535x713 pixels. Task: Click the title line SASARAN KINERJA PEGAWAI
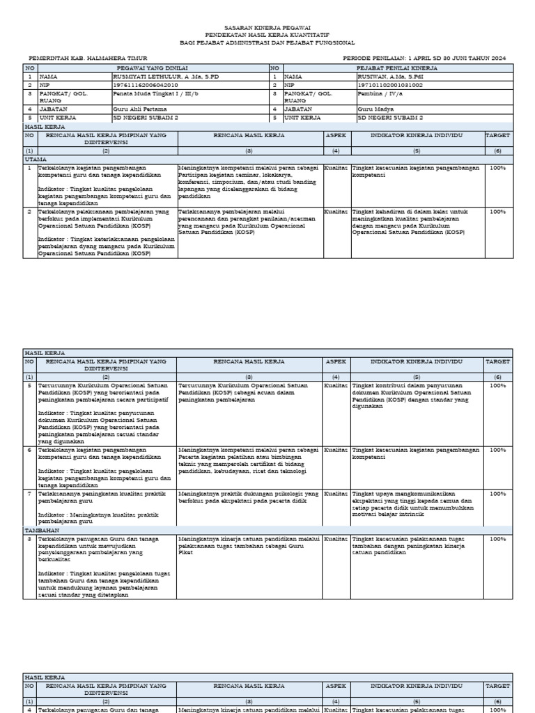point(267,26)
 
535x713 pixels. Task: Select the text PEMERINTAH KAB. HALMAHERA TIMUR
point(88,58)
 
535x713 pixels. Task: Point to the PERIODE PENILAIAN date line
point(424,58)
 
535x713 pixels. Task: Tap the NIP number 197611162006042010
point(140,84)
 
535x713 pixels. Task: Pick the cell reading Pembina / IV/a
point(379,93)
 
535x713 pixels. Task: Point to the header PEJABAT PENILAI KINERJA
point(396,68)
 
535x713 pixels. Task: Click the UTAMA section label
point(36,159)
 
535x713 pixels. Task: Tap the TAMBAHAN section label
point(41,530)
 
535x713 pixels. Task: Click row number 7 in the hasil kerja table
point(29,494)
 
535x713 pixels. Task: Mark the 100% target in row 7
point(497,494)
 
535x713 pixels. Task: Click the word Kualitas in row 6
point(337,450)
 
